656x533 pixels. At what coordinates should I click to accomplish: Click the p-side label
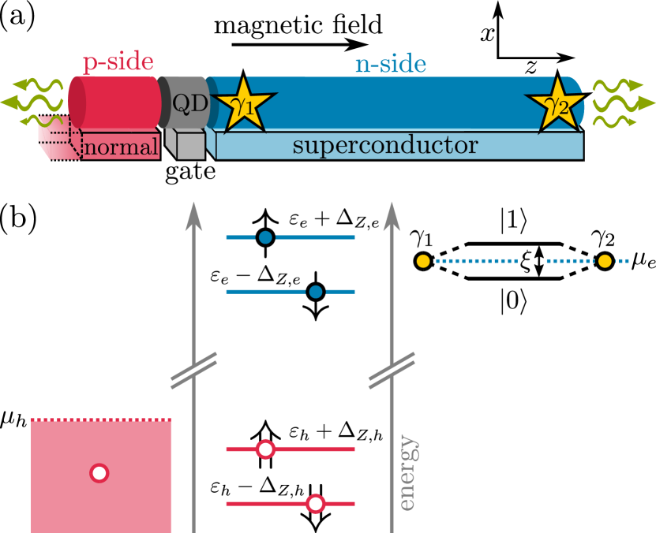tap(118, 62)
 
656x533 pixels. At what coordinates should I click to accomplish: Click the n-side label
tap(390, 64)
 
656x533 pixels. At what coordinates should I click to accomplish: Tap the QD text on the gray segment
tap(190, 102)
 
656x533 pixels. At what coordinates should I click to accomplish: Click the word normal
tap(121, 147)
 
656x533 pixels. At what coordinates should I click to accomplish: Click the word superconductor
tap(385, 146)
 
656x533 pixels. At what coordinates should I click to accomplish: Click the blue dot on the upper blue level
tap(265, 237)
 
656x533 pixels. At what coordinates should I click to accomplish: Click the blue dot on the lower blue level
tap(316, 292)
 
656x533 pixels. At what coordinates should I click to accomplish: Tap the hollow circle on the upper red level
tap(265, 449)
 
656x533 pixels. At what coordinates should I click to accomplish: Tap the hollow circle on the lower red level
tap(316, 504)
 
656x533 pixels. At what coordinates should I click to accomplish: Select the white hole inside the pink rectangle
tap(99, 473)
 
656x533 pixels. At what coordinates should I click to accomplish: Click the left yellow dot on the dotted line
tap(423, 261)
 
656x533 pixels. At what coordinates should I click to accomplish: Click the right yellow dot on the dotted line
tap(605, 261)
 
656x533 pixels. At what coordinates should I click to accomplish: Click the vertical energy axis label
tap(407, 472)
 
